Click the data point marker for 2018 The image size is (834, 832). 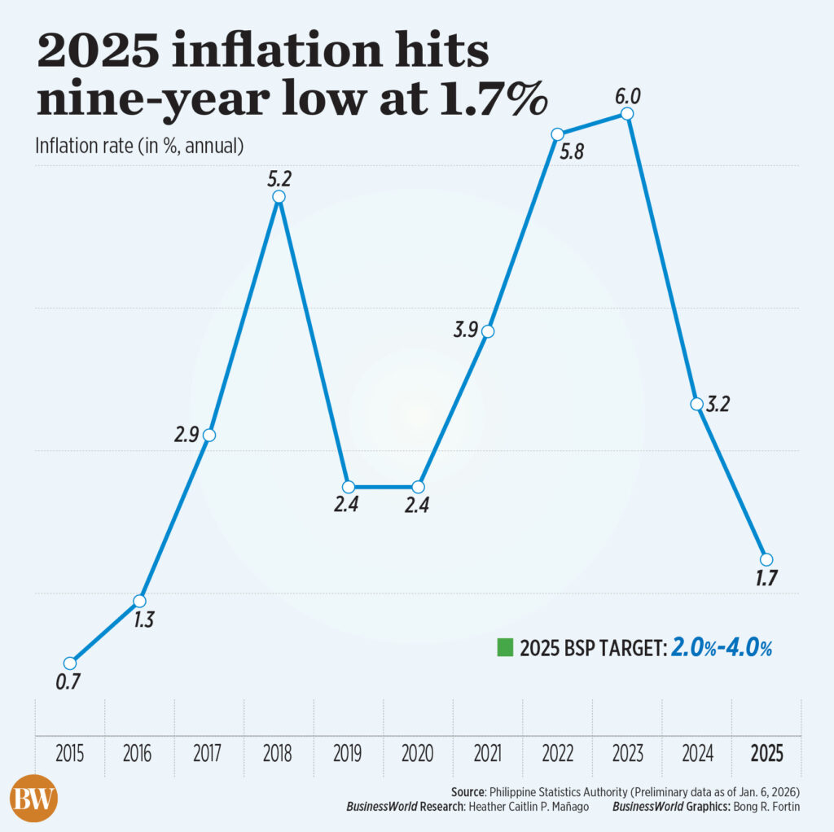click(x=279, y=197)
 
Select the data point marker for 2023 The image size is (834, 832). click(x=626, y=114)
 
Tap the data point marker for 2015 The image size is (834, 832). click(x=70, y=663)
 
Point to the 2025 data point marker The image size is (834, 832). click(x=766, y=558)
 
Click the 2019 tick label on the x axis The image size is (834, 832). click(x=348, y=754)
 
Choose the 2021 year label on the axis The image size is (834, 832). click(x=487, y=754)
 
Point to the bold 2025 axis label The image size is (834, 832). click(x=766, y=754)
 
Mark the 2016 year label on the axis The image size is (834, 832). click(x=139, y=754)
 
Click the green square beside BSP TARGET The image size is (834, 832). click(x=505, y=648)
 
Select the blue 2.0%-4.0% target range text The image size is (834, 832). click(x=722, y=648)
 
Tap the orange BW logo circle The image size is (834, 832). click(x=33, y=797)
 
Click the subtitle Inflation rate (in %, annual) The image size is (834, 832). click(x=139, y=146)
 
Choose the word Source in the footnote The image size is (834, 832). click(x=469, y=791)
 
